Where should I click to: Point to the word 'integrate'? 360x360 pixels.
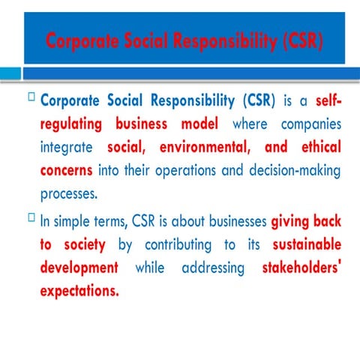(67, 147)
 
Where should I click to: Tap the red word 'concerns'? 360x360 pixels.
(66, 170)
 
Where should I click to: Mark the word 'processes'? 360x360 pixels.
(69, 193)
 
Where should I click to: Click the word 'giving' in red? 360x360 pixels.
(295, 222)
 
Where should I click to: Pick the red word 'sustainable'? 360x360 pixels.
(307, 245)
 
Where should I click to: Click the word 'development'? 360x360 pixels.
(79, 268)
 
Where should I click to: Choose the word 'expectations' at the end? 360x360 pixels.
(79, 291)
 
